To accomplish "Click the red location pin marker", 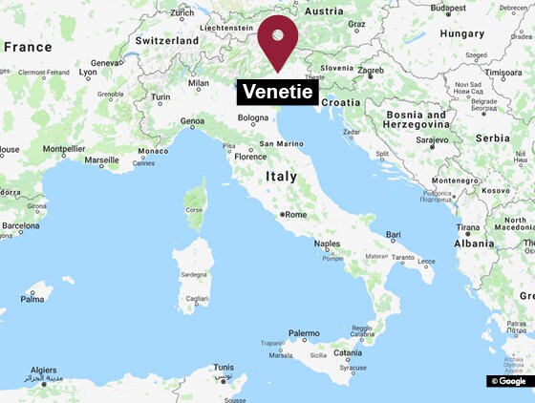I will pyautogui.click(x=278, y=38).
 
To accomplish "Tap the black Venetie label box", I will pyautogui.click(x=277, y=93).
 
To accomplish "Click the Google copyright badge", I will pyautogui.click(x=509, y=381).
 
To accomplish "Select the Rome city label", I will pyautogui.click(x=295, y=215).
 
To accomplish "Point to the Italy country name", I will pyautogui.click(x=281, y=177).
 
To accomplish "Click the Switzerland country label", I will pyautogui.click(x=167, y=41).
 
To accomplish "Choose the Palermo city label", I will pyautogui.click(x=304, y=334).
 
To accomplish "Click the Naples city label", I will pyautogui.click(x=327, y=244).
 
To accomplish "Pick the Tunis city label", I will pyautogui.click(x=224, y=367).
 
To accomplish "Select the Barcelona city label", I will pyautogui.click(x=20, y=226).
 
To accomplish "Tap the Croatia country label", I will pyautogui.click(x=342, y=102).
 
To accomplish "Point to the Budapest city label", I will pyautogui.click(x=448, y=9).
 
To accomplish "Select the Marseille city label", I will pyautogui.click(x=101, y=160).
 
